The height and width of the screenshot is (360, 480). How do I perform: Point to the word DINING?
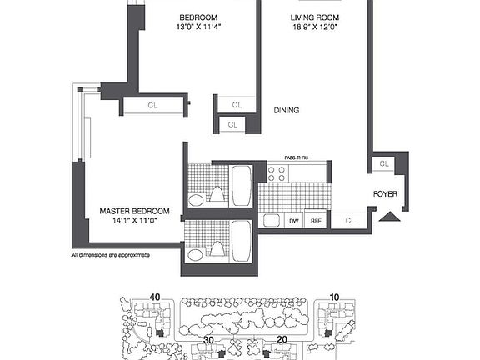287,110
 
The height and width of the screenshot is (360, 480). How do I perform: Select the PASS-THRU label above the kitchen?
297,158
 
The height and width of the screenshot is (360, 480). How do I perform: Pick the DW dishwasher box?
293,221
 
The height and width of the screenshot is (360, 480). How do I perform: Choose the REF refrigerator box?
316,221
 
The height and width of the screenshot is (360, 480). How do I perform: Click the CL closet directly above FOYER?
383,163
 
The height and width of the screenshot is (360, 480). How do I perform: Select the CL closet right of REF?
350,221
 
